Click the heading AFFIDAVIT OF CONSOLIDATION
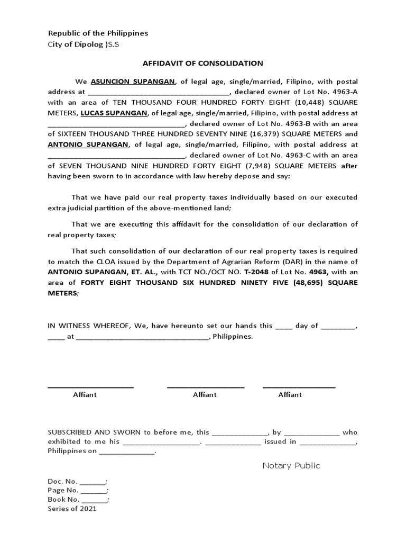202,63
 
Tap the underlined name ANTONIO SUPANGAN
88,144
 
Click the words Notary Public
291,466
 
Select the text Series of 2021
72,509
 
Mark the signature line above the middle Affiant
205,387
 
